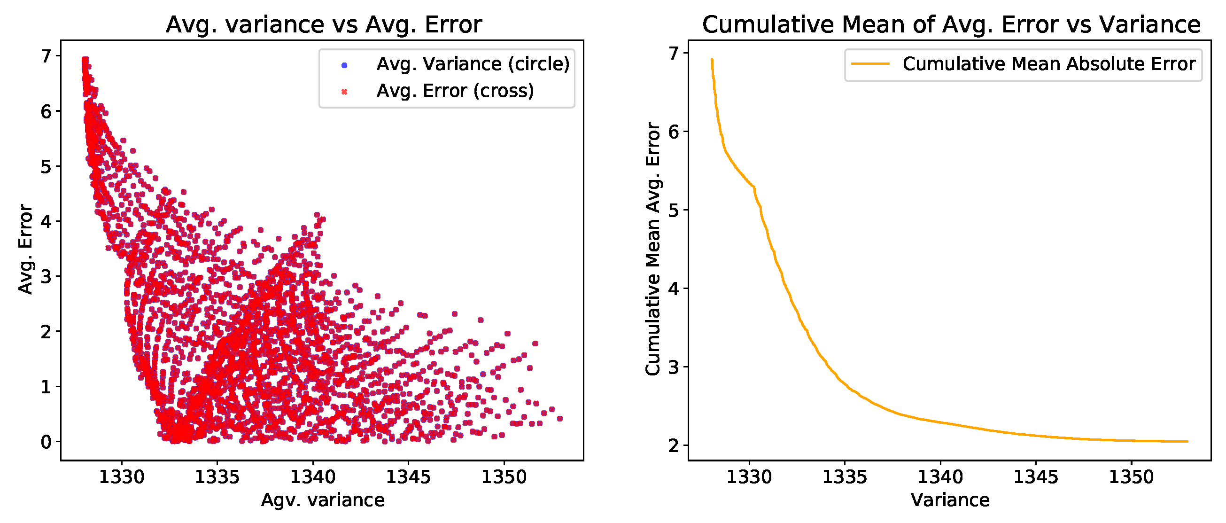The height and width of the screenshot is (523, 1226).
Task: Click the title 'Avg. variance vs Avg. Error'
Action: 324,25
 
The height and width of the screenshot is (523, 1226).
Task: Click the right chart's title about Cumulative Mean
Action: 951,25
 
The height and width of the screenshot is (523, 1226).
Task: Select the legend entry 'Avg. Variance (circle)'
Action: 473,64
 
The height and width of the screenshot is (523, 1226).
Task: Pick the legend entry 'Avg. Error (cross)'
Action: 455,91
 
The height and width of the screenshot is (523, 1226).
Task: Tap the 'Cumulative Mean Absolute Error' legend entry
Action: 1049,64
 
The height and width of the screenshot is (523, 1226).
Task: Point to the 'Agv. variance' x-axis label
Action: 323,500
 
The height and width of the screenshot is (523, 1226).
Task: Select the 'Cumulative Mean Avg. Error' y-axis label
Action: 652,250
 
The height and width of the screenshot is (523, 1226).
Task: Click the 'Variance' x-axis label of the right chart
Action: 950,500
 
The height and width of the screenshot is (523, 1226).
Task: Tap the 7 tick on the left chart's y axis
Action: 46,56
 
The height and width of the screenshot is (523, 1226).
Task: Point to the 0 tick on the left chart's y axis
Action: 46,442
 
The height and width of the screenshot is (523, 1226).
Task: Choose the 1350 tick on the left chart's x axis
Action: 504,477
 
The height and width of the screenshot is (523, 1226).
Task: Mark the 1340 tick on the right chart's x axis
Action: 940,477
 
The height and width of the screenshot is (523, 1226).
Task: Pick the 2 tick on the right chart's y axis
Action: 674,446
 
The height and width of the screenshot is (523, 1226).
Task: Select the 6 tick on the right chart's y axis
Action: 674,132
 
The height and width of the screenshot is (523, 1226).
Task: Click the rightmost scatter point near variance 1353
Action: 560,419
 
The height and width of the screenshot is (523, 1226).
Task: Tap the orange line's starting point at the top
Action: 712,60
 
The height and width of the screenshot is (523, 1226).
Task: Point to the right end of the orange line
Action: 1188,442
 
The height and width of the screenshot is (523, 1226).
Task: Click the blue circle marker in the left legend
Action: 345,65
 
